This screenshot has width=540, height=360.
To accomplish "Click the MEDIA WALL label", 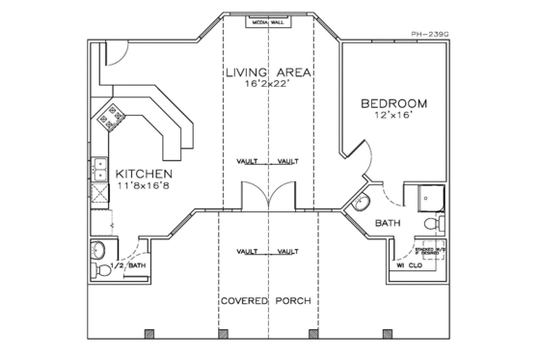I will click(269, 19).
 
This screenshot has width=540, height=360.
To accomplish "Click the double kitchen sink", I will click(99, 170).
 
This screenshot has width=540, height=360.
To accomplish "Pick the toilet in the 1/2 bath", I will click(101, 253).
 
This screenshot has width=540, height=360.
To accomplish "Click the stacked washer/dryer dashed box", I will click(431, 254).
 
